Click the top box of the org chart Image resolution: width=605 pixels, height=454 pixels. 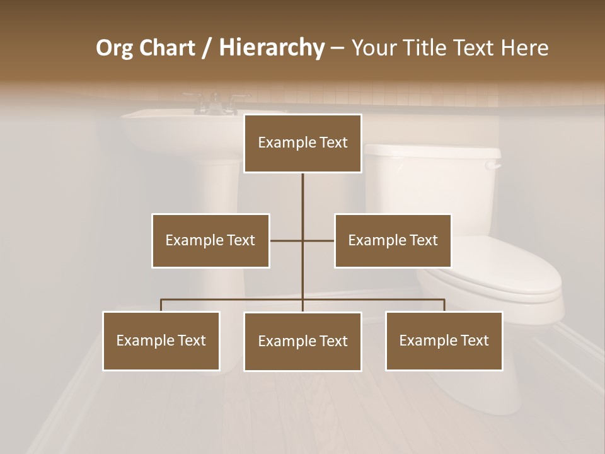tap(302, 143)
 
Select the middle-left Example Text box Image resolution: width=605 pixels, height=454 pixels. tap(210, 240)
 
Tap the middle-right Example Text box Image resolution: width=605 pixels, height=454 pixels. tap(393, 240)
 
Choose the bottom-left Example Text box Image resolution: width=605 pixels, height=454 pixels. tap(161, 340)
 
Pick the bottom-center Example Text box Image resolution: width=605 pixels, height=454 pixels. tap(302, 341)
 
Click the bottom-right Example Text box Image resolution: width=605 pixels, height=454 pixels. tap(444, 340)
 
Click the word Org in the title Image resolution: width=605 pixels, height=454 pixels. tap(113, 48)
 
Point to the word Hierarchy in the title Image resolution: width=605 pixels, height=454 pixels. tap(272, 48)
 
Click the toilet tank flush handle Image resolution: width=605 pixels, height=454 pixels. tap(493, 165)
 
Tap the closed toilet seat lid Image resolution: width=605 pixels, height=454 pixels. tap(504, 277)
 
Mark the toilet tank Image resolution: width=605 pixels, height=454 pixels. tap(435, 183)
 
